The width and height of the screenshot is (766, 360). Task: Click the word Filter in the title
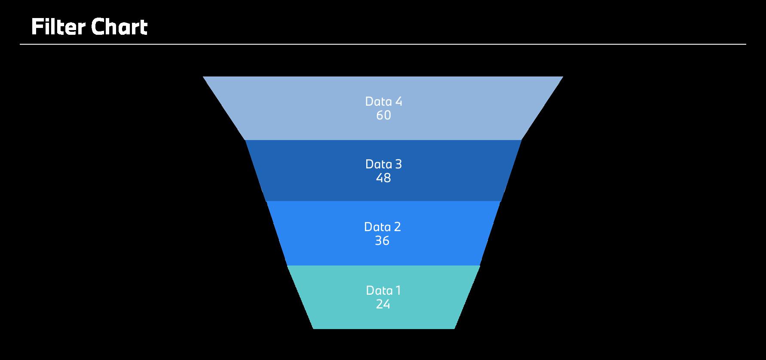(x=58, y=27)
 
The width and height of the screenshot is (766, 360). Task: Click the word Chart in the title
(x=119, y=27)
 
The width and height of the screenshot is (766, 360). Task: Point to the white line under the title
(x=383, y=44)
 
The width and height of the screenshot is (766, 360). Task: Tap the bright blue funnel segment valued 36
(x=318, y=234)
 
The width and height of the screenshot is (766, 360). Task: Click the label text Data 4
(x=383, y=101)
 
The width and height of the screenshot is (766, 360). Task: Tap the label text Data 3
(x=383, y=164)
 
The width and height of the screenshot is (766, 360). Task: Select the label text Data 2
(x=383, y=227)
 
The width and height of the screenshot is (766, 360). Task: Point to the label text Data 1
(x=383, y=290)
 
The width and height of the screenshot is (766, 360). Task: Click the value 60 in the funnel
(x=383, y=116)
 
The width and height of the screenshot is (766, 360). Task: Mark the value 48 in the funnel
(x=383, y=178)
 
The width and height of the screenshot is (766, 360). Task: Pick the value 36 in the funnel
(x=382, y=241)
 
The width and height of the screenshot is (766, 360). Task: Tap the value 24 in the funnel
(x=383, y=305)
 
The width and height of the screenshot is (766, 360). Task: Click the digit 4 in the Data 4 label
(x=398, y=101)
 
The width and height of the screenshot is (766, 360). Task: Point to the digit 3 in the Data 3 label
(x=398, y=164)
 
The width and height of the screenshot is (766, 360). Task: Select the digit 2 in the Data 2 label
(x=397, y=227)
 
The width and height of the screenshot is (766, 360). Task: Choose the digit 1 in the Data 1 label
(x=398, y=290)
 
